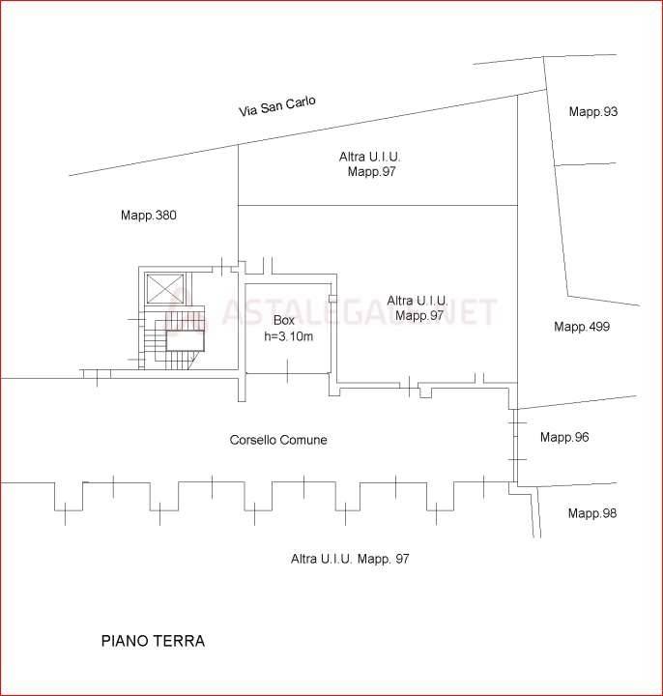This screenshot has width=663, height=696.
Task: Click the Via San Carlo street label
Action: click(x=277, y=106)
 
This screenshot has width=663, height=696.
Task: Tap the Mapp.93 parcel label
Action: click(x=592, y=111)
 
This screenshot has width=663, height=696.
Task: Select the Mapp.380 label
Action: click(x=149, y=216)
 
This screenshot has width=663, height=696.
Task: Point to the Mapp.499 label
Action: click(x=582, y=327)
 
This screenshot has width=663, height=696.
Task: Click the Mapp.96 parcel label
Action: click(x=564, y=437)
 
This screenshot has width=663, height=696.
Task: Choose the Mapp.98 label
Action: click(x=592, y=513)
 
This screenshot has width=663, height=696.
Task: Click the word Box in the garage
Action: click(x=284, y=320)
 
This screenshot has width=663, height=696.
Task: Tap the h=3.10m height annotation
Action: click(x=288, y=336)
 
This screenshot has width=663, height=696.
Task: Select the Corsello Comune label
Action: click(x=278, y=440)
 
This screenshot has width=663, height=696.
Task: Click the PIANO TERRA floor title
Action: click(x=153, y=641)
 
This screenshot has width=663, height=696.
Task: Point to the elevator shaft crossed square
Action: click(x=165, y=289)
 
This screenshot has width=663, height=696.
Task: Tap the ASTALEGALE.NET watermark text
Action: click(x=360, y=311)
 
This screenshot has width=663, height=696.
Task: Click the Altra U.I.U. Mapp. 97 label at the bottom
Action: click(x=350, y=559)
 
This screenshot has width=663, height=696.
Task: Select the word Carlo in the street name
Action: click(x=301, y=102)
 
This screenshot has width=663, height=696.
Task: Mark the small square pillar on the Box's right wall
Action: click(x=332, y=299)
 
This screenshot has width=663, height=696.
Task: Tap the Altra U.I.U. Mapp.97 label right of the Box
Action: click(x=418, y=308)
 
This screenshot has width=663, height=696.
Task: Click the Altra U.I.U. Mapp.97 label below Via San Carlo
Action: click(x=370, y=163)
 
